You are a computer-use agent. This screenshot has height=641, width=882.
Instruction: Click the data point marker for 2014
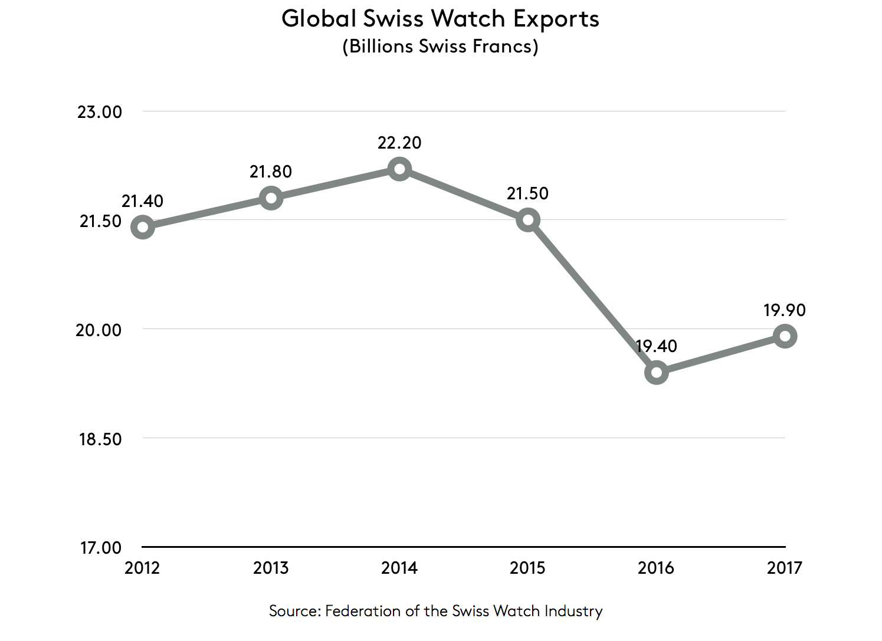pyautogui.click(x=399, y=170)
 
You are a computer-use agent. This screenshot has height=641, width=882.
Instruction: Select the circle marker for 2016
pyautogui.click(x=656, y=372)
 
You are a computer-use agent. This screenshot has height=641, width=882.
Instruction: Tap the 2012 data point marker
pyautogui.click(x=143, y=227)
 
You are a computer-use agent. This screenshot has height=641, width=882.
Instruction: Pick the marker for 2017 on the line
pyautogui.click(x=785, y=336)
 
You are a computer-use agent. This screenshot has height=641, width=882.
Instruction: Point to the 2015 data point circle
pyautogui.click(x=528, y=221)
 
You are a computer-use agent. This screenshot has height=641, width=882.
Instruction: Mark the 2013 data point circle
pyautogui.click(x=271, y=198)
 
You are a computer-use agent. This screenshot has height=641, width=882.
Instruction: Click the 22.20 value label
pyautogui.click(x=399, y=143)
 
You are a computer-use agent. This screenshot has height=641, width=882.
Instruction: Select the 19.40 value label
pyautogui.click(x=657, y=346)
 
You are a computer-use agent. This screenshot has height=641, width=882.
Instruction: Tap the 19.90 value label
pyautogui.click(x=784, y=310)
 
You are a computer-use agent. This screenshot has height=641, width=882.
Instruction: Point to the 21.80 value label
pyautogui.click(x=271, y=172)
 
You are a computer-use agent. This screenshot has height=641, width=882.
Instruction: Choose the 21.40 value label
pyautogui.click(x=142, y=201)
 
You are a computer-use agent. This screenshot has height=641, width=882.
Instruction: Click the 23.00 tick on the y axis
pyautogui.click(x=100, y=112)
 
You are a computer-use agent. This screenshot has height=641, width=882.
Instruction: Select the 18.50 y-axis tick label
pyautogui.click(x=100, y=439)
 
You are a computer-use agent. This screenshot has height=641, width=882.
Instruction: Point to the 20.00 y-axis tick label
pyautogui.click(x=99, y=330)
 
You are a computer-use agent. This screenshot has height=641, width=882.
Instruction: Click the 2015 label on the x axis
pyautogui.click(x=527, y=568)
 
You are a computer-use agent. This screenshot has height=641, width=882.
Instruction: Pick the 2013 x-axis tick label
pyautogui.click(x=271, y=568)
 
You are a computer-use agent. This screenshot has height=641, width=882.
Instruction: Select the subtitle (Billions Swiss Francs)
pyautogui.click(x=440, y=46)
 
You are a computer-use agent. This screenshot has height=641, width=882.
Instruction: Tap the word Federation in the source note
pyautogui.click(x=363, y=611)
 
